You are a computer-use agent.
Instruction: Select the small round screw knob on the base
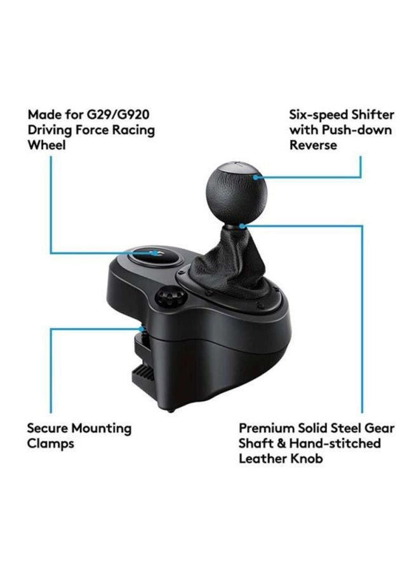[x=168, y=297]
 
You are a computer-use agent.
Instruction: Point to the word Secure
[x=48, y=428]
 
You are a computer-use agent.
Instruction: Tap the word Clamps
[x=50, y=444]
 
